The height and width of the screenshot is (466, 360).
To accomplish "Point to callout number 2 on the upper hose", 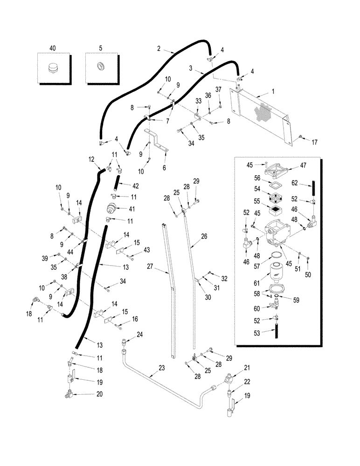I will pyautogui.click(x=159, y=48).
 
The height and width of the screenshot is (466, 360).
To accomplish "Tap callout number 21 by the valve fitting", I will pyautogui.click(x=248, y=367).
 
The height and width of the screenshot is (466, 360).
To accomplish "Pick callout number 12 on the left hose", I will pyautogui.click(x=92, y=159).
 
